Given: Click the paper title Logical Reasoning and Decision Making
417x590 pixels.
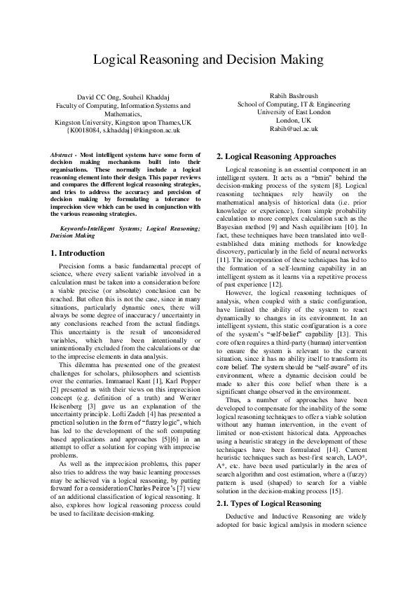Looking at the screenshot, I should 208,60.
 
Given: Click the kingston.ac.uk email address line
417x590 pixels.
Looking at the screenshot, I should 123,130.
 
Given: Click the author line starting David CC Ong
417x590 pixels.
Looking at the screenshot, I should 123,97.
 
